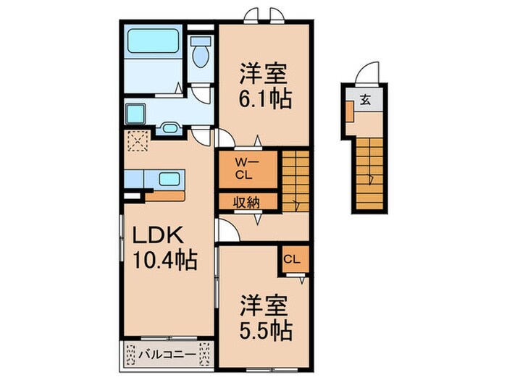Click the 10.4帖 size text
point(164,260)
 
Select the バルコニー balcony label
point(167,355)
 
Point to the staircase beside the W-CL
point(295,180)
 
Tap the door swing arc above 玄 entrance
point(369,73)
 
